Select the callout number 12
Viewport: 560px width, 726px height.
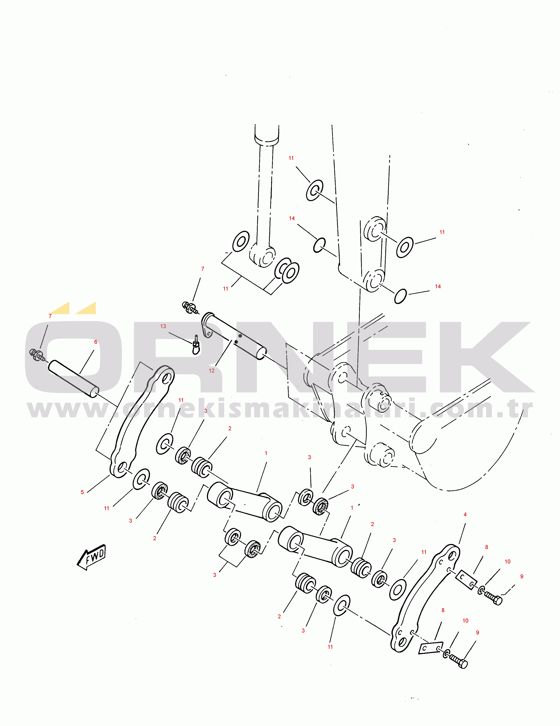211,371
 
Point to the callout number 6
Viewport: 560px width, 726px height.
96,342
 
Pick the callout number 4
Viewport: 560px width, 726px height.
465,515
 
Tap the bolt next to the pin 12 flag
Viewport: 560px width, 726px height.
190,307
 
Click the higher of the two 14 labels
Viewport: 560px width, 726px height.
292,218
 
